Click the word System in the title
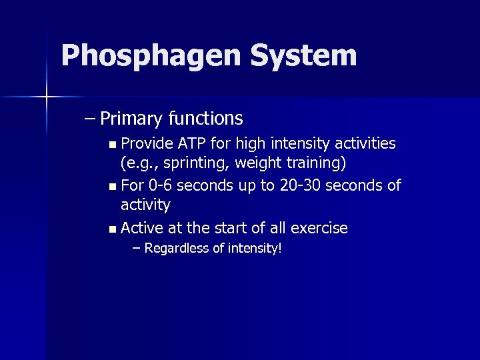[x=304, y=56]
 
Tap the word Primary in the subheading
[x=132, y=119]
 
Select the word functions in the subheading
[x=205, y=119]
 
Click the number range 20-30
[x=299, y=185]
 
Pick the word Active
[x=142, y=228]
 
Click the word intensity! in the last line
[x=255, y=249]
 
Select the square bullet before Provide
[x=112, y=144]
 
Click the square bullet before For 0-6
[x=112, y=186]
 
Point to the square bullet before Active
[x=112, y=229]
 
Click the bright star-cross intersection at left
[x=47, y=97]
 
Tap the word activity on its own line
[x=145, y=204]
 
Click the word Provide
[x=147, y=143]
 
